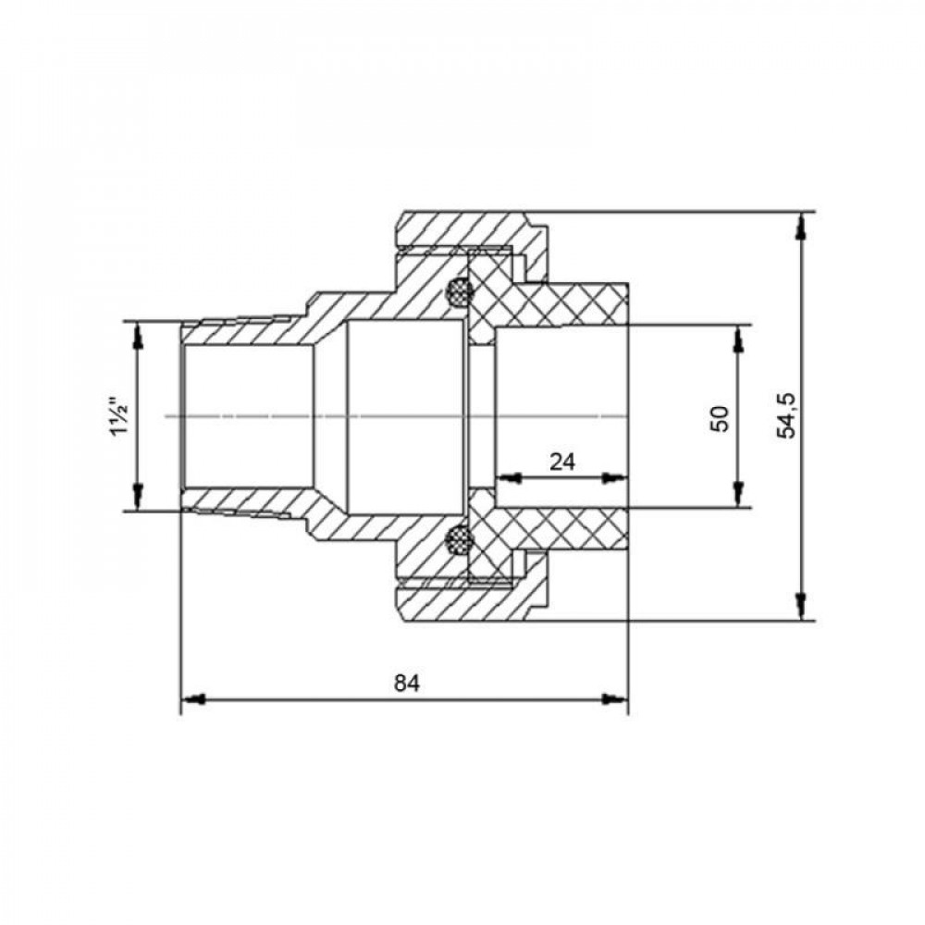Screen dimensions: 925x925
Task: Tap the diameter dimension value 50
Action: click(721, 417)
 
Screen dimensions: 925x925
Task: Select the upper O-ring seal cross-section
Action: click(457, 293)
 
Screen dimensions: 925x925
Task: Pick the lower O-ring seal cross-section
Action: click(457, 538)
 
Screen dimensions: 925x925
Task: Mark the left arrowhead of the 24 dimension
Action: click(506, 478)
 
